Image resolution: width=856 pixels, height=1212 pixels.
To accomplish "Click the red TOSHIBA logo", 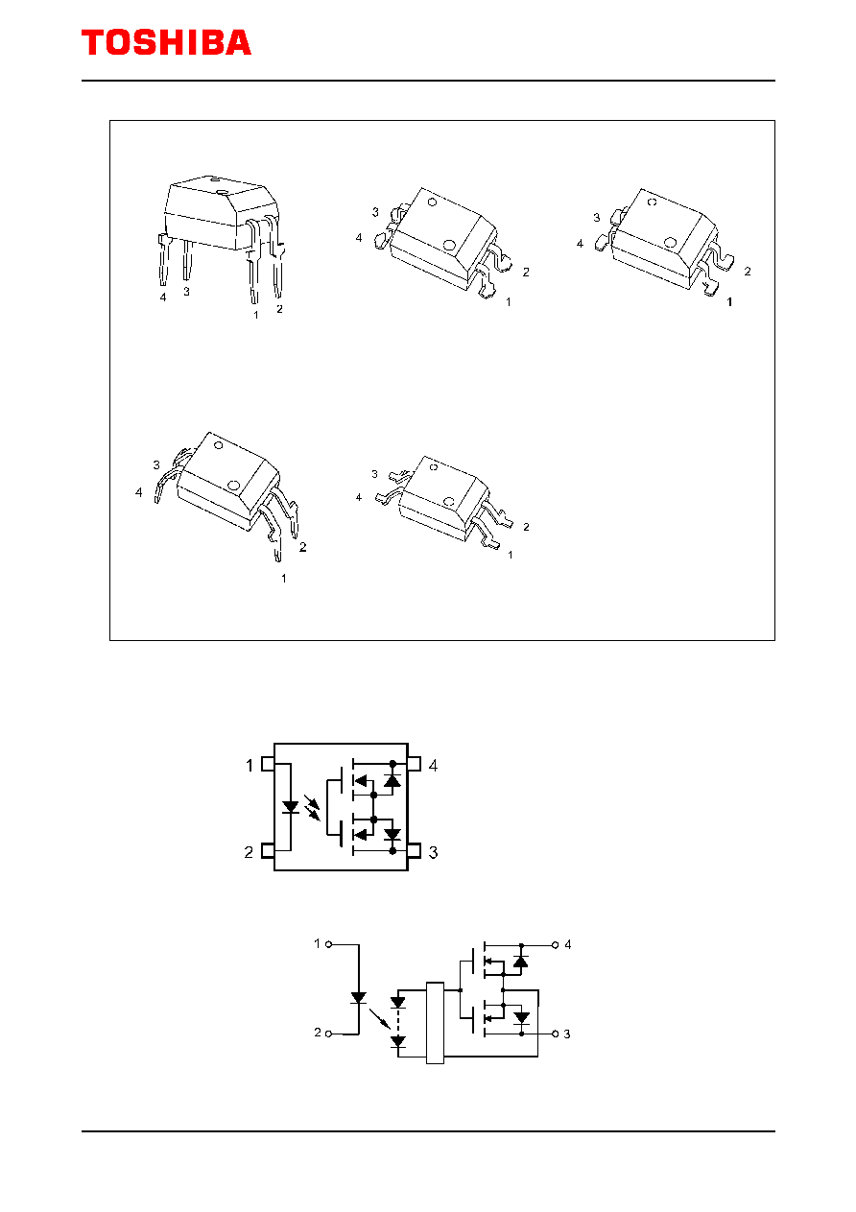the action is click(166, 42).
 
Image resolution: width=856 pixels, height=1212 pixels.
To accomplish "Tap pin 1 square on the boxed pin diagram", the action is click(268, 764).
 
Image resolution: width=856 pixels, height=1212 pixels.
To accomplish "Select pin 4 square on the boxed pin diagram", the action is click(414, 764).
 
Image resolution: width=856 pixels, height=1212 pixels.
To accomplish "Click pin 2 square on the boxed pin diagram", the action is click(268, 850).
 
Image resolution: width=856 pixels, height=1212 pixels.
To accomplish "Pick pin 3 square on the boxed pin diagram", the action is click(414, 851).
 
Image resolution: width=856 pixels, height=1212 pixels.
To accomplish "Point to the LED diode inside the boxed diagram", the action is click(291, 807).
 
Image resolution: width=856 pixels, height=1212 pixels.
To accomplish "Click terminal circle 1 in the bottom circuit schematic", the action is click(328, 944).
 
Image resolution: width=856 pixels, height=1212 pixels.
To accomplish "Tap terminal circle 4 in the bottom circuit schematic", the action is click(555, 945).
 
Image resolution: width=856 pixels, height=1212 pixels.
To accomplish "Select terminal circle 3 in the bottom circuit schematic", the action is click(555, 1034).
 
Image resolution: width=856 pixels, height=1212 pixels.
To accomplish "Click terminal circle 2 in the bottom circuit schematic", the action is click(328, 1034).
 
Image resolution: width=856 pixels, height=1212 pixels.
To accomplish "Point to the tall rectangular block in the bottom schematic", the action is click(435, 1023).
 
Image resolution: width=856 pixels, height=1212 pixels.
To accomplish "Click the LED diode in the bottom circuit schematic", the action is click(358, 998).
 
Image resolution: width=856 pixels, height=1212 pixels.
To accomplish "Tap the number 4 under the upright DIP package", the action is click(163, 297).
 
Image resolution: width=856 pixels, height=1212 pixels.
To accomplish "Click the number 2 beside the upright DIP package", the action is click(279, 309).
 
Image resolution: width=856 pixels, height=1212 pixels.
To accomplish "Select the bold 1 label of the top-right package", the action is click(729, 302).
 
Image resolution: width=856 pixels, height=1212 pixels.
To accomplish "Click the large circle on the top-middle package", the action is click(448, 245).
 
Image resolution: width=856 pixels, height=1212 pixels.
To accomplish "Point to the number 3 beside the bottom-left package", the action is click(156, 464).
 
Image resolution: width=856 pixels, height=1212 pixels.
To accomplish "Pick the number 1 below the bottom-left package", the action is click(283, 579).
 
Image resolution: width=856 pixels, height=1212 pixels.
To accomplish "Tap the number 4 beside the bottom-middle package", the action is click(358, 497).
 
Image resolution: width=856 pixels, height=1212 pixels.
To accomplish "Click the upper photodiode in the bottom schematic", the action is click(398, 1002).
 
